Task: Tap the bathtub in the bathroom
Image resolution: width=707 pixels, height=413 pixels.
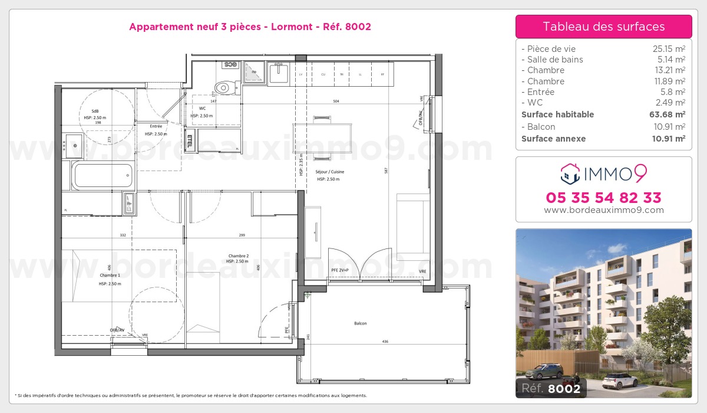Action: tap(103, 175)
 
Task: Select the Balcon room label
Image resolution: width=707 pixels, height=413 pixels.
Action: tap(361, 323)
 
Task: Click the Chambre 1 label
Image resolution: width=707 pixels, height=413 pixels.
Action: tap(110, 276)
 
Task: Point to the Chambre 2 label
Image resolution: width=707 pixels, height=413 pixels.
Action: tap(239, 256)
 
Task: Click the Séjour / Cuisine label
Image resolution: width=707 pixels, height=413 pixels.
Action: tap(329, 172)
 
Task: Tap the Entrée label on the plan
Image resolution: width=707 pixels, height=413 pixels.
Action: tap(156, 126)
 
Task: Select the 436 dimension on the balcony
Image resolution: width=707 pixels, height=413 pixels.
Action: tap(385, 342)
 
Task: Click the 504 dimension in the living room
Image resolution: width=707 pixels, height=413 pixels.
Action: tap(336, 101)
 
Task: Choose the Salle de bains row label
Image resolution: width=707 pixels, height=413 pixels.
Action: tap(554, 60)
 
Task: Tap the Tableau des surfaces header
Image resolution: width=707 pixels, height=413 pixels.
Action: tap(603, 27)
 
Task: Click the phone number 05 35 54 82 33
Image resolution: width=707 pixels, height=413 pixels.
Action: tap(603, 197)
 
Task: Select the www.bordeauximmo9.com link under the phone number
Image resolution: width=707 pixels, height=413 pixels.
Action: tap(603, 210)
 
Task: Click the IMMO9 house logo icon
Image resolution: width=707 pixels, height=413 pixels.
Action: tap(570, 173)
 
